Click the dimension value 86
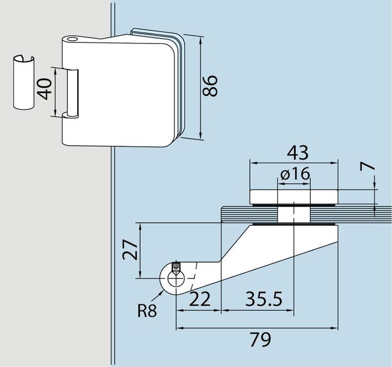pyautogui.click(x=210, y=86)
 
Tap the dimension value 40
pyautogui.click(x=44, y=89)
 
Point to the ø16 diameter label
pyautogui.click(x=295, y=173)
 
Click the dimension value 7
pyautogui.click(x=367, y=166)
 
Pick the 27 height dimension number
pyautogui.click(x=130, y=250)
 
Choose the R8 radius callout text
pyautogui.click(x=147, y=311)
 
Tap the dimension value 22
pyautogui.click(x=200, y=299)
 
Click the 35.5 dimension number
pyautogui.click(x=264, y=298)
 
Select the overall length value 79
pyautogui.click(x=260, y=339)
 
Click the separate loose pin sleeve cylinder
pyautogui.click(x=24, y=83)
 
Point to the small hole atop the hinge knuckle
pyautogui.click(x=72, y=40)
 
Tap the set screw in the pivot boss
pyautogui.click(x=176, y=268)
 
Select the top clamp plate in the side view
pyautogui.click(x=294, y=197)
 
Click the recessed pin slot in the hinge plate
pyautogui.click(x=72, y=93)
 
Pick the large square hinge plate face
pyautogui.click(x=118, y=94)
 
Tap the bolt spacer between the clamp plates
pyautogui.click(x=294, y=214)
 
